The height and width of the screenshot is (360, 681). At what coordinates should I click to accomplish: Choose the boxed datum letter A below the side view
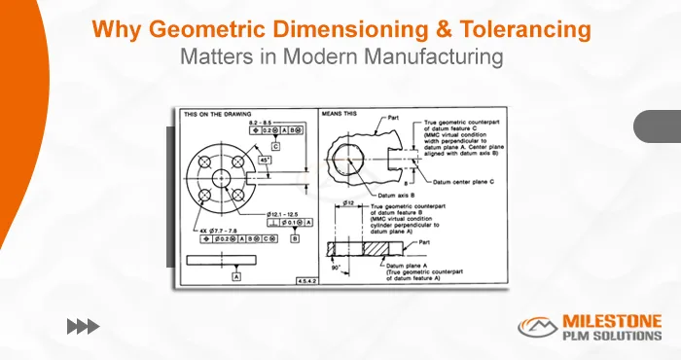point(236,276)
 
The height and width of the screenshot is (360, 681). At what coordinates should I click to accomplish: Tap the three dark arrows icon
point(84,326)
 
